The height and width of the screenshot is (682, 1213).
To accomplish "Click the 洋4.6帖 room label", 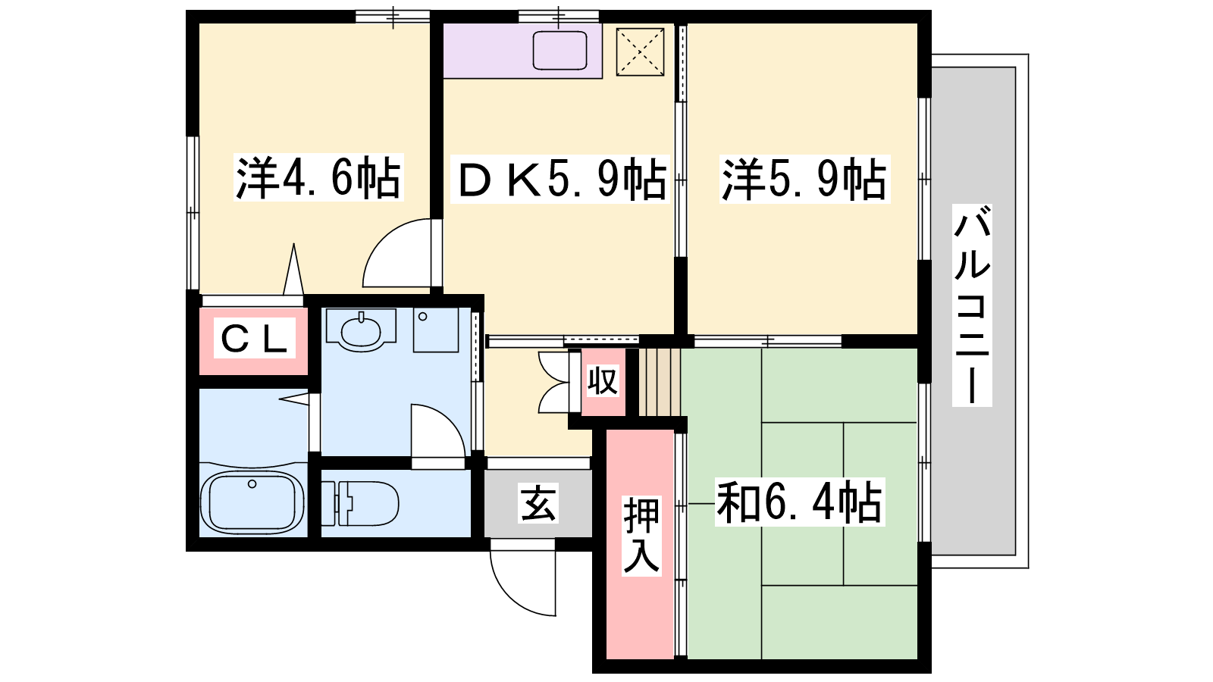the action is [x=318, y=177].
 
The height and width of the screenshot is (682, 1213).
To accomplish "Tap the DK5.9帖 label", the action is [x=560, y=180].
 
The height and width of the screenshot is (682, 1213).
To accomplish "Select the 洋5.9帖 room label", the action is [x=804, y=180].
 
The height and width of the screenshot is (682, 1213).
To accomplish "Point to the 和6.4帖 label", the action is [x=800, y=502].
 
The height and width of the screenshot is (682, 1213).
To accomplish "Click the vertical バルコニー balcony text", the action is [x=972, y=305].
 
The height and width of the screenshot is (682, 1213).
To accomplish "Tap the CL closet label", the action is [x=254, y=338].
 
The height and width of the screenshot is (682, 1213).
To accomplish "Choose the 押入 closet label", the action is [x=641, y=535].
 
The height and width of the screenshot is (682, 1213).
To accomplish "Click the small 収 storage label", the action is [x=603, y=381].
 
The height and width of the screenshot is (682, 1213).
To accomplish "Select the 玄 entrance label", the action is [x=538, y=503].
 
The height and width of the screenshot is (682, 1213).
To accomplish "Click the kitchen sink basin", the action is [x=560, y=50].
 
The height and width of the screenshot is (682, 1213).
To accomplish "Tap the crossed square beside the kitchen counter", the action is [x=640, y=52].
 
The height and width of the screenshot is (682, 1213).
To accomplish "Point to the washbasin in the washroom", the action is [x=361, y=330].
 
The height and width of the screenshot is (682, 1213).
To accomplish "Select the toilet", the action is [x=359, y=503].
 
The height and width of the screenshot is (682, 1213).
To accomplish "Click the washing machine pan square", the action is [x=436, y=330].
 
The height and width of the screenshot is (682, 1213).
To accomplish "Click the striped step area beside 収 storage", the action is [x=660, y=382].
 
